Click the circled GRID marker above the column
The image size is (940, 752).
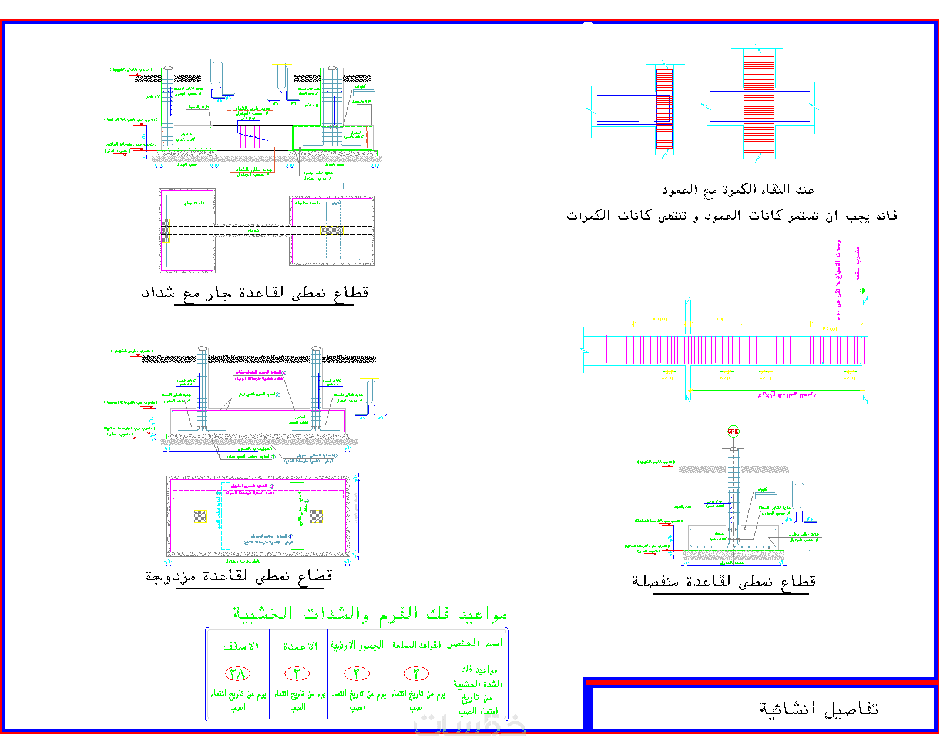point(733,431)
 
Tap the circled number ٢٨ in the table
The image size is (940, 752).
point(237,673)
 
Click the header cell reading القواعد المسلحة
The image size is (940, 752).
point(417,645)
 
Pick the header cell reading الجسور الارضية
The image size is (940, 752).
point(357,645)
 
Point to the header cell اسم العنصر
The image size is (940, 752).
point(476,644)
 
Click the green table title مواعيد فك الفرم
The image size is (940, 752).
point(370,614)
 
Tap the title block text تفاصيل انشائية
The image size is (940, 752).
point(818,709)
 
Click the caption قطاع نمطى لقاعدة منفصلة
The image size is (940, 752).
point(724,582)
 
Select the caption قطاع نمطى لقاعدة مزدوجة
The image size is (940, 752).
point(239,576)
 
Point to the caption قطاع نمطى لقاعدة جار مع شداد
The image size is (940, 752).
point(255,293)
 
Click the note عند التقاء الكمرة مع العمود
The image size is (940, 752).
point(737,190)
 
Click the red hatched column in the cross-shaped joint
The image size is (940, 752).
point(759,103)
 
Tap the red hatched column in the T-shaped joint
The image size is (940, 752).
point(664,109)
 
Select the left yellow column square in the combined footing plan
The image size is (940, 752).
point(200,516)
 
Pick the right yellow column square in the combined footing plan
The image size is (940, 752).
point(316,516)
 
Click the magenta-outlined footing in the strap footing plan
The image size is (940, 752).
point(187,230)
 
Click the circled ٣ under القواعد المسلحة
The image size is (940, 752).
point(416,673)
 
